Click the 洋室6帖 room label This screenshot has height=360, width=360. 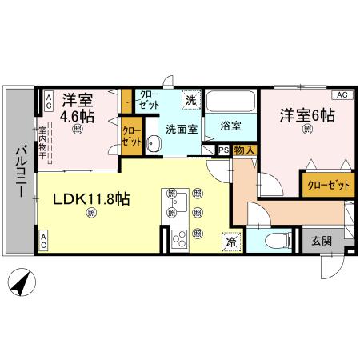pyautogui.click(x=306, y=116)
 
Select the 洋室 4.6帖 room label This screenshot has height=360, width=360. pyautogui.click(x=78, y=107)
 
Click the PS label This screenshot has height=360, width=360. pyautogui.click(x=222, y=149)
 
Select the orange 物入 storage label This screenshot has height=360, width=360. pyautogui.click(x=244, y=149)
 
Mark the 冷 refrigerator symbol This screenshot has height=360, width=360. pyautogui.click(x=230, y=239)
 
